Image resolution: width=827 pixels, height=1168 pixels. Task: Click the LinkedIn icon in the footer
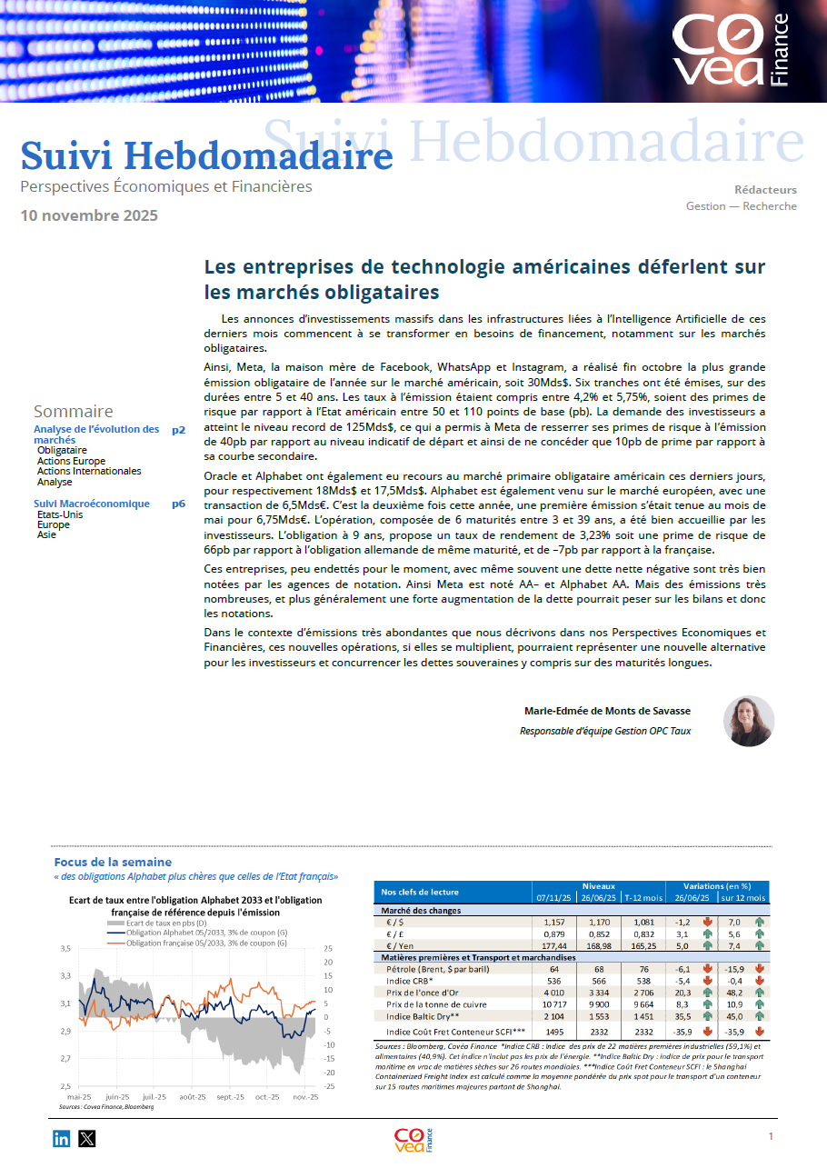[61, 1138]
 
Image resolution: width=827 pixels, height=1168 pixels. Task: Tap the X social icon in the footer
[86, 1138]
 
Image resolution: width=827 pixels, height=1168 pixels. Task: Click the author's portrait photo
[748, 722]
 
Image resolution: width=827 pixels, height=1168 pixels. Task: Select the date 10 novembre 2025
[89, 215]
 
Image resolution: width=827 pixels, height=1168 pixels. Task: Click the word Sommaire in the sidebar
[74, 411]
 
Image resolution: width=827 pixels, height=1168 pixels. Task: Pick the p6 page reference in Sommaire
[178, 504]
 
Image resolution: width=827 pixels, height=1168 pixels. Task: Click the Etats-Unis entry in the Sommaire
[59, 514]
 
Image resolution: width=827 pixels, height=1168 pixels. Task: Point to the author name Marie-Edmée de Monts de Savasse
[607, 711]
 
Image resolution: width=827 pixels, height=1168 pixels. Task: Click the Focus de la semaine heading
[113, 862]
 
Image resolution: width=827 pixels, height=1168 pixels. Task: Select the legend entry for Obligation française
[204, 943]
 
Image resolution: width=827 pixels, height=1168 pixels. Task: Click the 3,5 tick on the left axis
[65, 948]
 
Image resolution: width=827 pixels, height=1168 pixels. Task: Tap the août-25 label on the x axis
[193, 1097]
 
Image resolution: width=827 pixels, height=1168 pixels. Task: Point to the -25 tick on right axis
[329, 1086]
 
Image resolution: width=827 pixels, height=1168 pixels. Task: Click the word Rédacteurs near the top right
[765, 190]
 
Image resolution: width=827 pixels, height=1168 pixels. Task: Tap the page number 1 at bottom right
[771, 1136]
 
